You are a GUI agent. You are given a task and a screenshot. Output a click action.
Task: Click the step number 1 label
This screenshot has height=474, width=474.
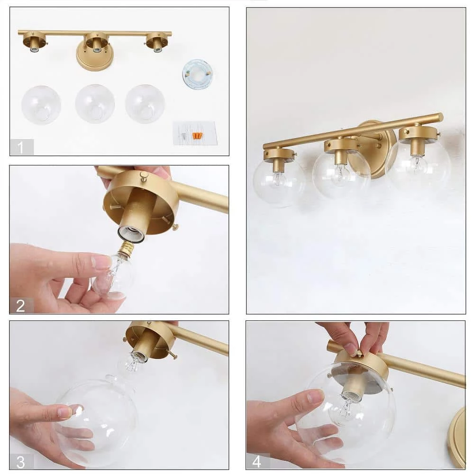21,147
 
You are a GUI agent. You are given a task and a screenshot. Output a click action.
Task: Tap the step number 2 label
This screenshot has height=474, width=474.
21,306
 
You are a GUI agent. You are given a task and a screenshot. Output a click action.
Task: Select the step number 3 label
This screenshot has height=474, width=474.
21,461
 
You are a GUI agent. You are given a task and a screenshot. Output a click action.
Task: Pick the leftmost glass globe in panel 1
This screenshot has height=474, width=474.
41,105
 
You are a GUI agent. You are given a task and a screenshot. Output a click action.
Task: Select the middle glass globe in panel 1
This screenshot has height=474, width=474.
95,104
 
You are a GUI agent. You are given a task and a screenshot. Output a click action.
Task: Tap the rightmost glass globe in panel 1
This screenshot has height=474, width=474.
145,104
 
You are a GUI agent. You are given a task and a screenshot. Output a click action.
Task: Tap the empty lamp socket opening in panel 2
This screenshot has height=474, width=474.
130,232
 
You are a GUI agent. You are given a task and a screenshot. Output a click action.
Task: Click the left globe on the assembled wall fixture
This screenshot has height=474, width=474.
279,182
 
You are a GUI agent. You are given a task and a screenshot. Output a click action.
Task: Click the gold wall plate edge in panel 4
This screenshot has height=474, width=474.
457,436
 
